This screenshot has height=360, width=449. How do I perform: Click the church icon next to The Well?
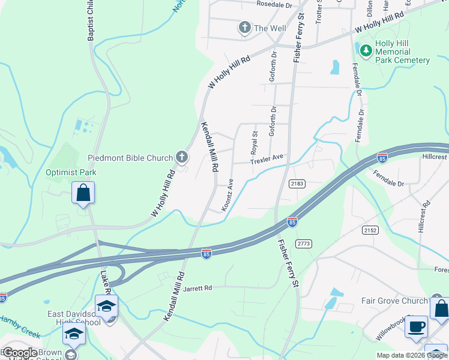[244, 28]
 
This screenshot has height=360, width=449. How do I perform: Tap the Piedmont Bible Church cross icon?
[182, 158]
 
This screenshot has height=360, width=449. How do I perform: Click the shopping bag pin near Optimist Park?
[83, 194]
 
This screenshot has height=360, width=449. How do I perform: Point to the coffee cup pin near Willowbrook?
[416, 327]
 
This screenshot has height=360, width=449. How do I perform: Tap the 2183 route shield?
[297, 183]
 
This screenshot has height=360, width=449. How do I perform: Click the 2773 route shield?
[304, 243]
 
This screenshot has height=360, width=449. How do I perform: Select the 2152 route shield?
[370, 230]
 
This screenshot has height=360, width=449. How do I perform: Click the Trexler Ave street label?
[267, 161]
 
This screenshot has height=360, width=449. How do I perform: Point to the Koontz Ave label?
[228, 194]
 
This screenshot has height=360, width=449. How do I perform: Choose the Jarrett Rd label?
[198, 288]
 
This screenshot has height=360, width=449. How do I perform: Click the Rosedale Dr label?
[274, 4]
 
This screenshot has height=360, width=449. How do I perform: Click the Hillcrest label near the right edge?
[434, 157]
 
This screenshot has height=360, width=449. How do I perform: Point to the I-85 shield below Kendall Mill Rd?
[206, 254]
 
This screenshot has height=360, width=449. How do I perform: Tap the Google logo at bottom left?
[20, 352]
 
